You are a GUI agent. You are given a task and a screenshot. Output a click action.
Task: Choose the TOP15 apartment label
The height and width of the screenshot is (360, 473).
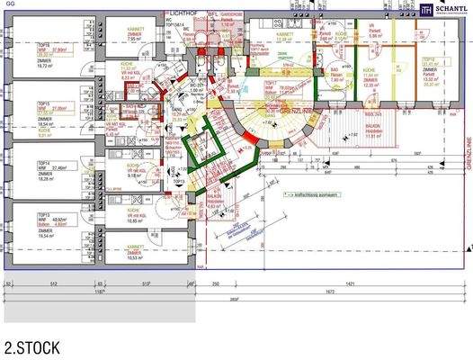point(41,103)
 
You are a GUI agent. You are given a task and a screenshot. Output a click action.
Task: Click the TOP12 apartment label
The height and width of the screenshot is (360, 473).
point(430,59)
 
